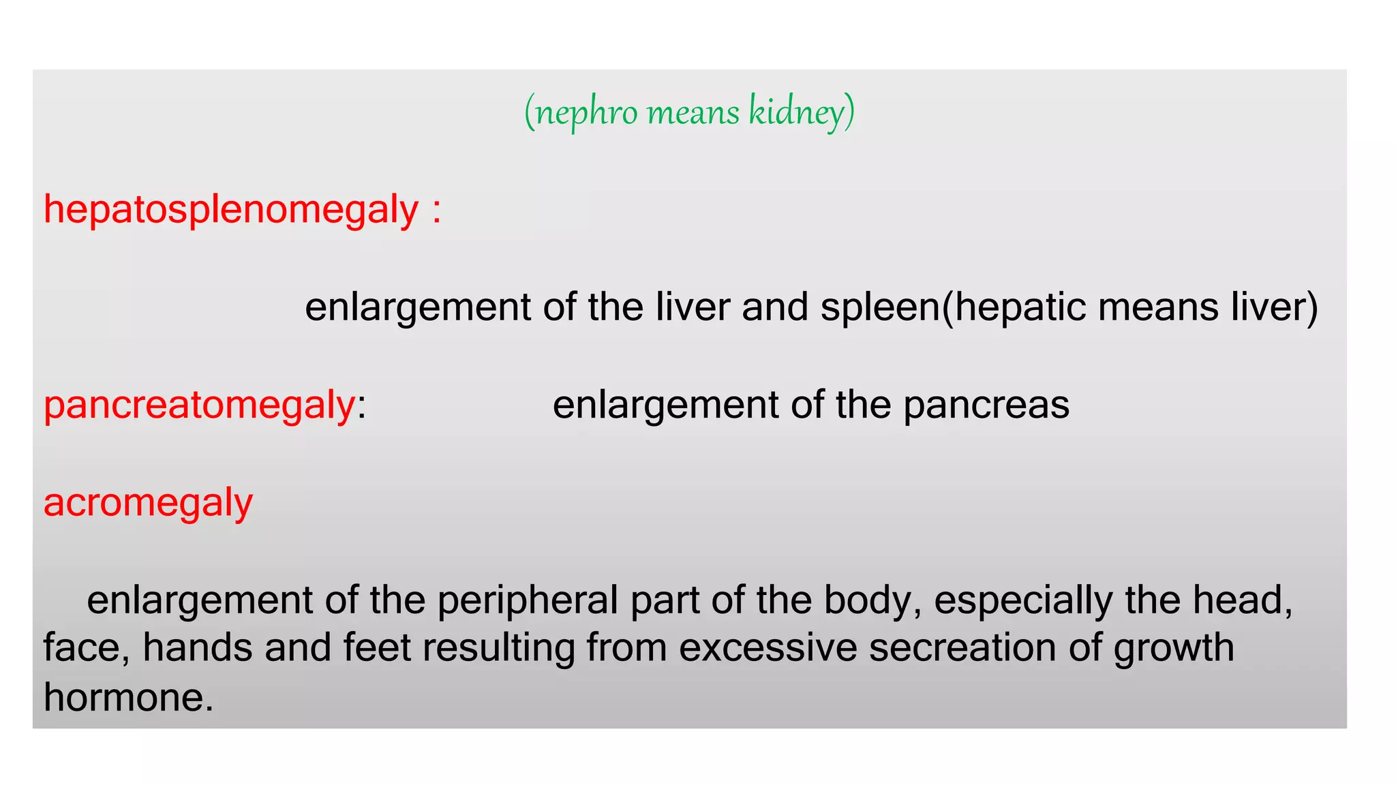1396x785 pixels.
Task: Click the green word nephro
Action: coord(587,112)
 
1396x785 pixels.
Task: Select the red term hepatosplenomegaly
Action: coord(231,209)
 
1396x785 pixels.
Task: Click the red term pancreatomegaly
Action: coord(199,405)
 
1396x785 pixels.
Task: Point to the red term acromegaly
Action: coord(148,503)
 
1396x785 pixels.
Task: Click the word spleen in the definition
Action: coord(880,307)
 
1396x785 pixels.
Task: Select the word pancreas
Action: coord(986,405)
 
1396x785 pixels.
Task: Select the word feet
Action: coord(377,647)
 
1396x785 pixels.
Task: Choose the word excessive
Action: coord(768,647)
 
